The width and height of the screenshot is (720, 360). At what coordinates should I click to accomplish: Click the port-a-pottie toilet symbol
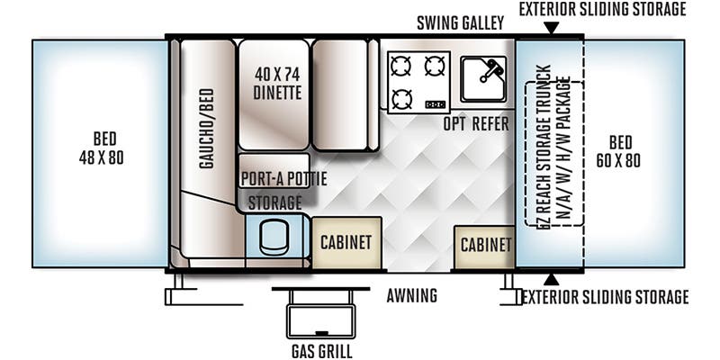coord(271,236)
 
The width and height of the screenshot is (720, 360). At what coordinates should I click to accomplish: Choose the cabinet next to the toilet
coord(346,241)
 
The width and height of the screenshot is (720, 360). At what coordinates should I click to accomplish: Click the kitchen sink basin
coord(482,78)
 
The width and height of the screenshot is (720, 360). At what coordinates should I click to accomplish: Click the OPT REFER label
coord(476,123)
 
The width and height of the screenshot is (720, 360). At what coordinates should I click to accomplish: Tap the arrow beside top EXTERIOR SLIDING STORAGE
coord(551,28)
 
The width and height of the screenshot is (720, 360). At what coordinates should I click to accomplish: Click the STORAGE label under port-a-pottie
coord(274,202)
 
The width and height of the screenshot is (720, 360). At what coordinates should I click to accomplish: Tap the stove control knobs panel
coord(435,103)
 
